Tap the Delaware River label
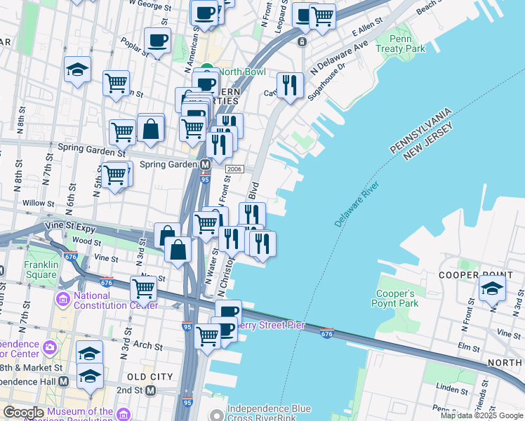[357, 203]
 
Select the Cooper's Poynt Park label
[397, 298]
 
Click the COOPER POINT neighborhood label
[468, 274]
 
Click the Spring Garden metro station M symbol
[206, 165]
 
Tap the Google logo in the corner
[23, 413]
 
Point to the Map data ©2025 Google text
[481, 415]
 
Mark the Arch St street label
[148, 346]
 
